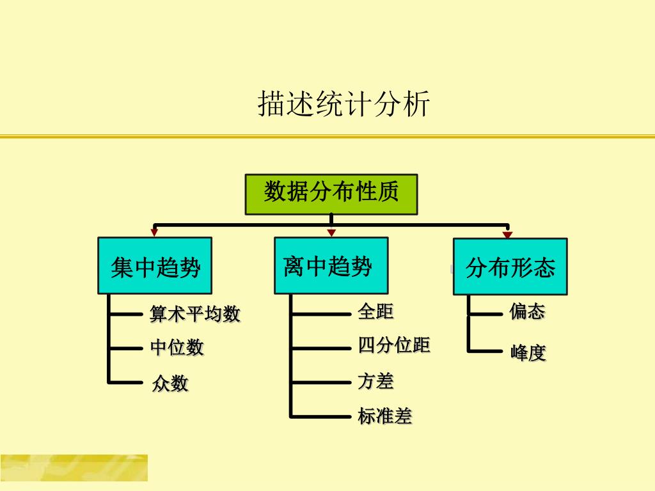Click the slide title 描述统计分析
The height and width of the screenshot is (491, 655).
[x=343, y=104]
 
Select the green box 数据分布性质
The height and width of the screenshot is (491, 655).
[x=331, y=194]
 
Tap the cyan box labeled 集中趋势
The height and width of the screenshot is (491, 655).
[x=155, y=266]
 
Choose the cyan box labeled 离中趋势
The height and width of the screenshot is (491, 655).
[x=331, y=265]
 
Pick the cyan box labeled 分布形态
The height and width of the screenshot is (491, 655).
[x=510, y=267]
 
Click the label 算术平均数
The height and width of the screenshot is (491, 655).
[x=195, y=314]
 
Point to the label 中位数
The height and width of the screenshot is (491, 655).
[x=177, y=348]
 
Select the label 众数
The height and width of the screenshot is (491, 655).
[x=170, y=384]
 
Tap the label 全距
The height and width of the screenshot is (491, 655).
[x=375, y=312]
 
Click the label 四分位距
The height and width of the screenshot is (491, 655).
[x=393, y=346]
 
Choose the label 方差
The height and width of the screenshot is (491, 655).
[x=375, y=382]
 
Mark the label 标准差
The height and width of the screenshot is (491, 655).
[x=384, y=417]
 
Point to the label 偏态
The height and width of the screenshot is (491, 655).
[x=527, y=312]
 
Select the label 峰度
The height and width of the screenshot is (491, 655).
[x=528, y=353]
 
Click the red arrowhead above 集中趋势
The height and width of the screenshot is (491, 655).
[x=154, y=233]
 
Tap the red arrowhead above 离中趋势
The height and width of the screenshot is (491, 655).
[x=331, y=233]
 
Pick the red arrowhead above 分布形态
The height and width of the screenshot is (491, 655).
[x=507, y=235]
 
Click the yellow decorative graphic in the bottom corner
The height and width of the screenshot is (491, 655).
[x=74, y=467]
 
